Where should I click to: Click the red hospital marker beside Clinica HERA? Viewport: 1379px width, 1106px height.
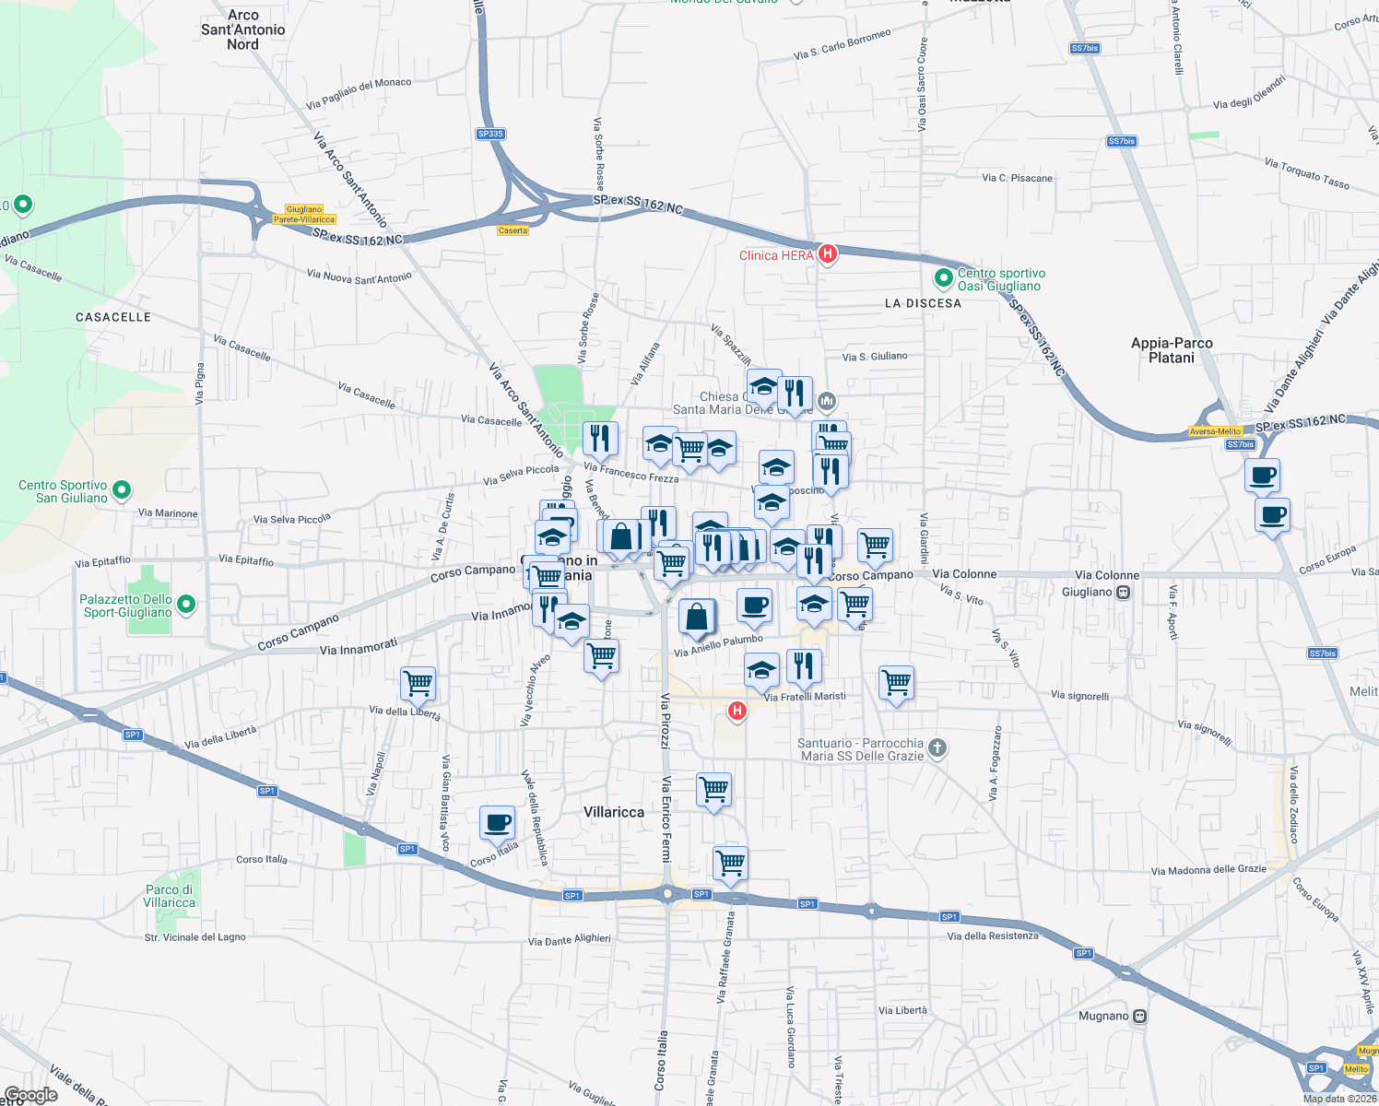point(828,253)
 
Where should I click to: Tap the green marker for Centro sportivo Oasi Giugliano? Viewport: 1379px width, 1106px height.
point(943,277)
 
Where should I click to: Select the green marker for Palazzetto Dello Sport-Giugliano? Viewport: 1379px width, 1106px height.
point(186,605)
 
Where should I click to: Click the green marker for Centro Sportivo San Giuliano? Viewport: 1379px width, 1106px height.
point(122,489)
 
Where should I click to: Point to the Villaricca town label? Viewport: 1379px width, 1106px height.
point(614,812)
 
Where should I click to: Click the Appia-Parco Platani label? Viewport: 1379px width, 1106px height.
point(1172,350)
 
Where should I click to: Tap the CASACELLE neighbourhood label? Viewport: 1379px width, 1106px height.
point(113,317)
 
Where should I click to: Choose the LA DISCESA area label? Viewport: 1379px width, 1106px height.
point(923,303)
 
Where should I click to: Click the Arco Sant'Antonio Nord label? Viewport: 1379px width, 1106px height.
point(243,29)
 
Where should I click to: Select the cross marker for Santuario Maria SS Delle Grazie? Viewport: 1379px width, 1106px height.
point(937,747)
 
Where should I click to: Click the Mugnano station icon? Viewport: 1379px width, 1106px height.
point(1140,1016)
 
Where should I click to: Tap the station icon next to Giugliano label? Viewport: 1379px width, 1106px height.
point(1123,592)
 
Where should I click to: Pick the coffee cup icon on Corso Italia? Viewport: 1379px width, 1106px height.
point(497,822)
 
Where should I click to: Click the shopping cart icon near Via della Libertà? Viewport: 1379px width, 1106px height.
point(418,684)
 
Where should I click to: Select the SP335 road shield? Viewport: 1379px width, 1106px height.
point(490,134)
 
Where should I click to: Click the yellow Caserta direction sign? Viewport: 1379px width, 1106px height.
point(513,230)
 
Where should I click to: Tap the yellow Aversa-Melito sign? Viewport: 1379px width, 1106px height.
point(1215,431)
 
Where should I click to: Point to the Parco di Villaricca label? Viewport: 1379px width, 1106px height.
point(170,896)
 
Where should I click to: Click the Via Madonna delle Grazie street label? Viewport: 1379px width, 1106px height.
point(1208,870)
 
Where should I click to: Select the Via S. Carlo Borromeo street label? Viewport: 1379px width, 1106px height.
point(842,45)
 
